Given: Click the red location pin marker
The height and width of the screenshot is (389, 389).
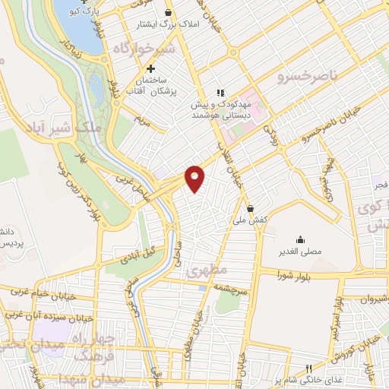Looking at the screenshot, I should (195, 178).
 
